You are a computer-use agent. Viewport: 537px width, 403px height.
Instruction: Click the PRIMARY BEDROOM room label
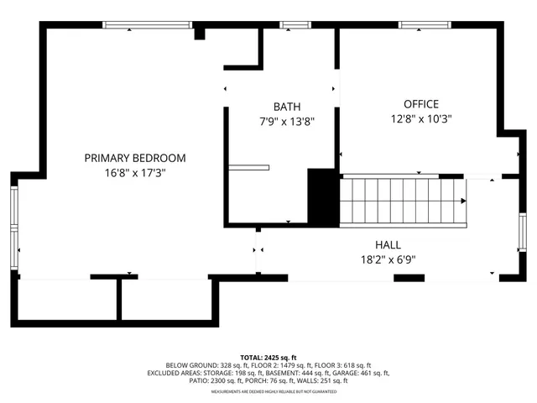click(135, 158)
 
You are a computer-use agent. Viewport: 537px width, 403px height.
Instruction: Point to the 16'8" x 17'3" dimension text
click(135, 173)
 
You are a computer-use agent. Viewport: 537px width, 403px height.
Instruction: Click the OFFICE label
click(410, 104)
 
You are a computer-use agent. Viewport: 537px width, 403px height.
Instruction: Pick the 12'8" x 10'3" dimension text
click(410, 118)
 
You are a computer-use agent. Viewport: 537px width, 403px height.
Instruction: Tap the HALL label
click(387, 244)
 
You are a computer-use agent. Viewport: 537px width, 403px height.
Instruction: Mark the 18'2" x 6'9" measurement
click(387, 259)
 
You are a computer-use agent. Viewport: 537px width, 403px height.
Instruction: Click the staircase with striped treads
click(401, 201)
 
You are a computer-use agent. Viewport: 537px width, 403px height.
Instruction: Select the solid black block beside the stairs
click(321, 196)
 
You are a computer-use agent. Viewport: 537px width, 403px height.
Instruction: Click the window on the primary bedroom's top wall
click(147, 25)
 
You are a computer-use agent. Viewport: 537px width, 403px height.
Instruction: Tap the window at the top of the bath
click(293, 25)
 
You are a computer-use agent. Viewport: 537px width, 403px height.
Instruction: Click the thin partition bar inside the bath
click(249, 167)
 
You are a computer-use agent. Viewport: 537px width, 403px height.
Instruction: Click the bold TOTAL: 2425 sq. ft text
click(268, 357)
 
